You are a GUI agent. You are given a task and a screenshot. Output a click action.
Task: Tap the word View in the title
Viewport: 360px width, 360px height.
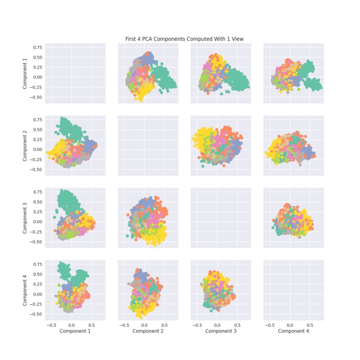click(237, 39)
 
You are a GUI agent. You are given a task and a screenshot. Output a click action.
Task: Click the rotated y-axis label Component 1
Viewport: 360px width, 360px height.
click(26, 73)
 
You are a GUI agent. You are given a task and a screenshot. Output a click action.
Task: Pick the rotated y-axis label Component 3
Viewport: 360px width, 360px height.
click(26, 218)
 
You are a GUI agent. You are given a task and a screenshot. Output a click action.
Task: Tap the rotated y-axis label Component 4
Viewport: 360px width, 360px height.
click(26, 290)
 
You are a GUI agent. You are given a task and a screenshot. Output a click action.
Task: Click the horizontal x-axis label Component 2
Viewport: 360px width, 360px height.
click(148, 331)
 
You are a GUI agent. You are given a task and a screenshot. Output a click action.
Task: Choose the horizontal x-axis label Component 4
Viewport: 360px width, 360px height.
click(293, 331)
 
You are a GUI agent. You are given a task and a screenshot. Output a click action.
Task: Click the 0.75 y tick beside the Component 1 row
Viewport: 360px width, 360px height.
click(37, 47)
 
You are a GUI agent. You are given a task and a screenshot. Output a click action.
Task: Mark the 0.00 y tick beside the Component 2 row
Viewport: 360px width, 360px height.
click(37, 149)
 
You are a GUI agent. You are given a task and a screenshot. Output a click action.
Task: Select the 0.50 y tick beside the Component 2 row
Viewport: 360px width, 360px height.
click(37, 130)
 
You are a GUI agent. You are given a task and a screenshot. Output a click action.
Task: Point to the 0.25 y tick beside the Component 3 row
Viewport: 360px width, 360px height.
click(37, 211)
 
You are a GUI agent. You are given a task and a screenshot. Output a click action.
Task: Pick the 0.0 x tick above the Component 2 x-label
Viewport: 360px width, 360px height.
click(144, 324)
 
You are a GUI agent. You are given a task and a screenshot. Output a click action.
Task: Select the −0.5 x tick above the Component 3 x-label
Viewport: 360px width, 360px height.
click(197, 324)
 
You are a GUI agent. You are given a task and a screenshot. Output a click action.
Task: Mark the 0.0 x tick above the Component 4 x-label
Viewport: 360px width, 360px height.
click(290, 324)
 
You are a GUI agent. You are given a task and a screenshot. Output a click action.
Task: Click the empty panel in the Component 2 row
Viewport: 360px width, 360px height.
click(148, 146)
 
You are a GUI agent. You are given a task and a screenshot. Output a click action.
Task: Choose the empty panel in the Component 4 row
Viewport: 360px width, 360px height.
click(293, 290)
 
